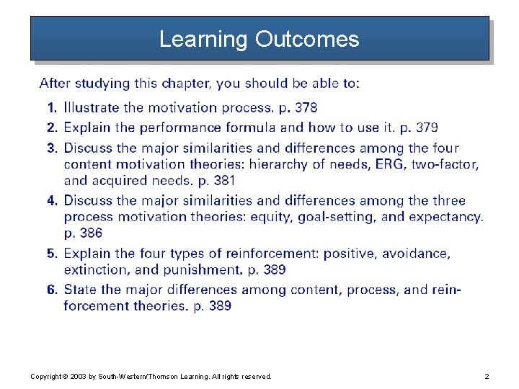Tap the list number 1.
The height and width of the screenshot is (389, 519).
click(51, 108)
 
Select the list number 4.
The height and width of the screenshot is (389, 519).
click(51, 201)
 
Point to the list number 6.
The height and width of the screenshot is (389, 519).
click(51, 290)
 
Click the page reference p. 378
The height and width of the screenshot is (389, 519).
click(298, 108)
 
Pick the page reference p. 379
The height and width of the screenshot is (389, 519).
click(417, 128)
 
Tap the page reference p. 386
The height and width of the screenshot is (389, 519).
click(83, 233)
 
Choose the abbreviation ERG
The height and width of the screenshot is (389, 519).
click(389, 164)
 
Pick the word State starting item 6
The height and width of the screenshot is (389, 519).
click(81, 290)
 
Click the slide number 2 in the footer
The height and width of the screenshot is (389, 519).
click(487, 377)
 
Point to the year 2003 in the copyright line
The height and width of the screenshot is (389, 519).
click(78, 377)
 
